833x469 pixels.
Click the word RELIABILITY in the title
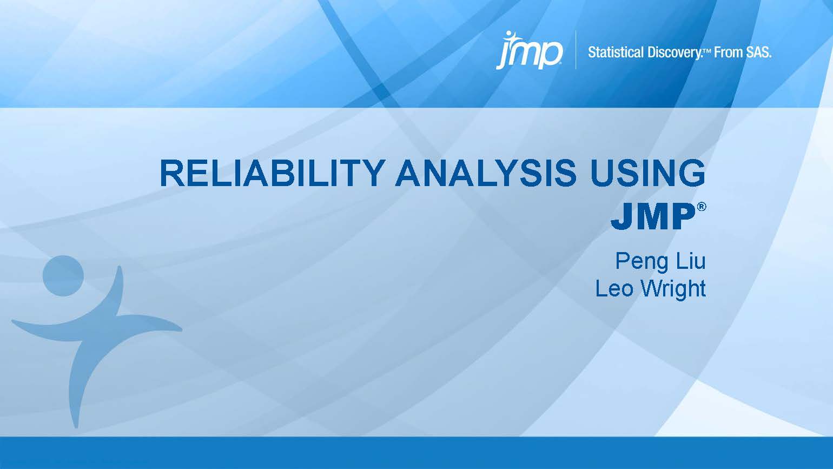point(273,174)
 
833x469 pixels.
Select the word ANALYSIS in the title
point(486,174)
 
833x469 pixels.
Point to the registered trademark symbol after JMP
point(702,207)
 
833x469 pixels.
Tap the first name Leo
point(613,288)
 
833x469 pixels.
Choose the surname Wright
point(672,289)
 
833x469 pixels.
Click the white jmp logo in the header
point(529,51)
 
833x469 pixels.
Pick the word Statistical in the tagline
point(616,52)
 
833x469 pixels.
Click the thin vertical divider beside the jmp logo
point(576,50)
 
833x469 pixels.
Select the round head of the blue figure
point(63,276)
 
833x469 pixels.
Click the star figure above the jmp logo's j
point(508,37)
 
